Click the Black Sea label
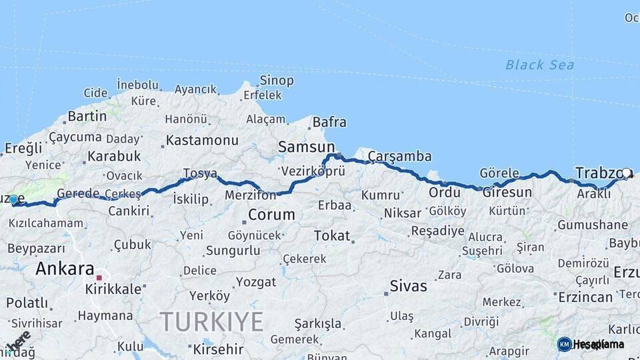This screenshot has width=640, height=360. click(539, 65)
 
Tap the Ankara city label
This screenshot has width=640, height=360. click(65, 269)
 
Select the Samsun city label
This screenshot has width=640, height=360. click(306, 147)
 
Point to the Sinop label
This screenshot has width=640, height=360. click(276, 81)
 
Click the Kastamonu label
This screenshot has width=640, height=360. click(201, 141)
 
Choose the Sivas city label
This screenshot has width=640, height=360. click(409, 286)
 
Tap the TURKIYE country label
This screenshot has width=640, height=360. click(211, 322)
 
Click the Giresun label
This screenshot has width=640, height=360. click(507, 193)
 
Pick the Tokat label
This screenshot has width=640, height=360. click(331, 235)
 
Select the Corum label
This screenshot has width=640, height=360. click(271, 215)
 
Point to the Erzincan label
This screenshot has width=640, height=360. click(585, 297)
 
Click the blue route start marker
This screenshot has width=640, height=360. click(13, 199)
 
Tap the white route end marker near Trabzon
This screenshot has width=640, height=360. click(626, 173)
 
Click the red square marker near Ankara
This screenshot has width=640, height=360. click(99, 277)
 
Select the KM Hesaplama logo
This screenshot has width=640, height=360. click(591, 344)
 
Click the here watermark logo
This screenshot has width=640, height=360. click(18, 341)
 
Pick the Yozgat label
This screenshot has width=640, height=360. click(255, 282)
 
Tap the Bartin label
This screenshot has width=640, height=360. click(87, 116)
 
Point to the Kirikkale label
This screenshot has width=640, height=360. click(113, 289)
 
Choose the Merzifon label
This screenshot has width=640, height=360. click(250, 196)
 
